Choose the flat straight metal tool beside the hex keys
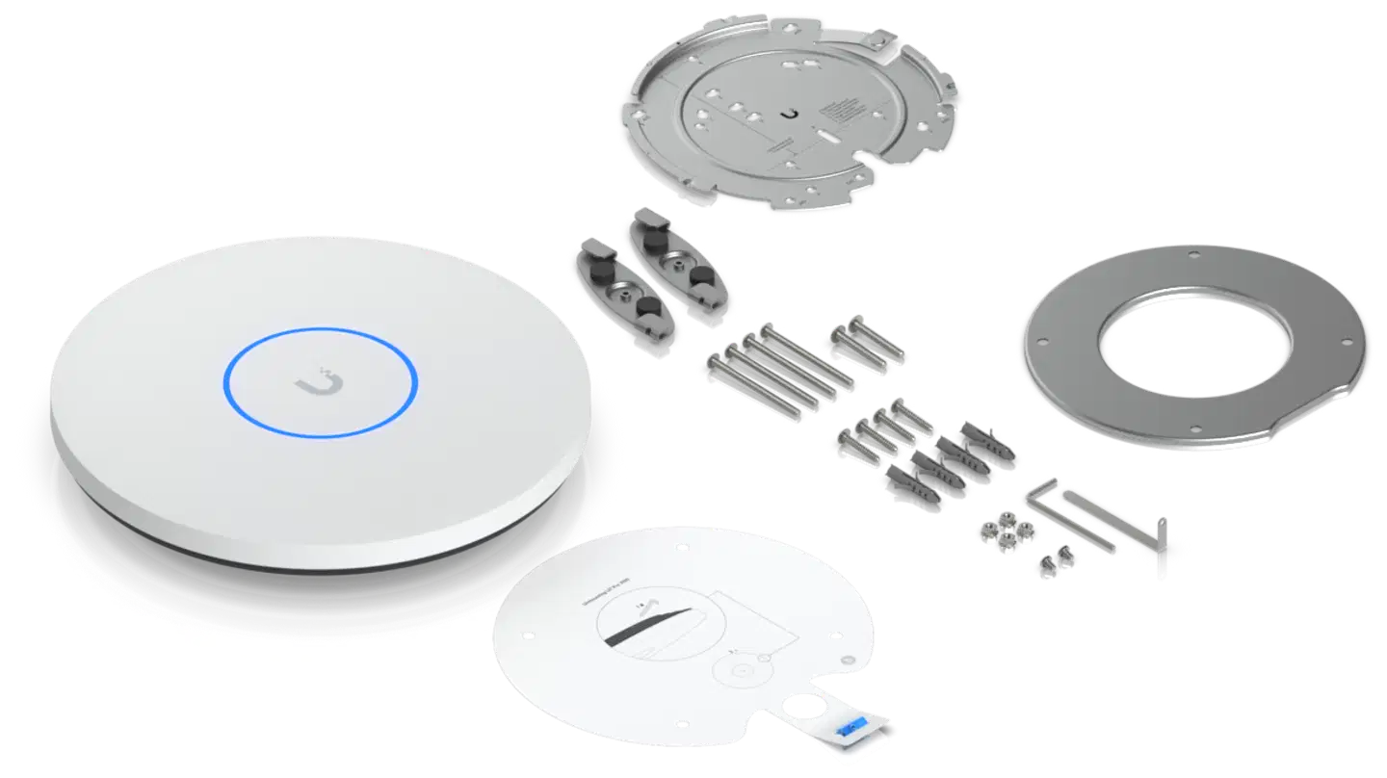pyautogui.click(x=1164, y=549)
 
